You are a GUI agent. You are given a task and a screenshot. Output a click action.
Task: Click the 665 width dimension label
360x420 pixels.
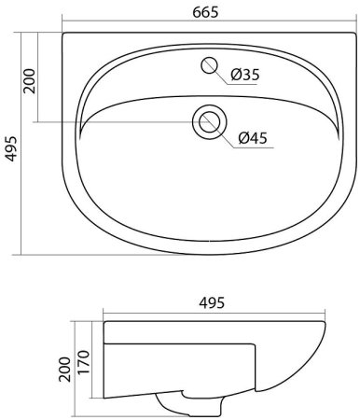click(x=205, y=12)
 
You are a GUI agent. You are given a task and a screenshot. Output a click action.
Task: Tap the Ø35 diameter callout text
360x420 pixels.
click(x=245, y=75)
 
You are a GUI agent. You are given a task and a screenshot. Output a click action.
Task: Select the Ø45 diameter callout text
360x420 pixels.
click(x=253, y=138)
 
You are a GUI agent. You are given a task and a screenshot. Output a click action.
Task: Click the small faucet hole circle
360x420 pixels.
click(x=209, y=65)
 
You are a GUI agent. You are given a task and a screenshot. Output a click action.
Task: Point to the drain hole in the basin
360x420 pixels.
click(x=210, y=121)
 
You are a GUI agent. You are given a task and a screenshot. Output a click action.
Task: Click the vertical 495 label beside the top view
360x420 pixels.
click(x=11, y=148)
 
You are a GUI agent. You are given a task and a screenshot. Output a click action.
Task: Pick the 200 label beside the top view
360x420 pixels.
click(x=30, y=81)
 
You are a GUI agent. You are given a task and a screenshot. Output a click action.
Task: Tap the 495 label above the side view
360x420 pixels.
click(x=212, y=302)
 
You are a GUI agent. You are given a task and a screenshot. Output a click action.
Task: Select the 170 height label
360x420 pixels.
click(x=84, y=362)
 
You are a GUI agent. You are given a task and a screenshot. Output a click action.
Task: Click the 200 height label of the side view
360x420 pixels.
click(x=65, y=370)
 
